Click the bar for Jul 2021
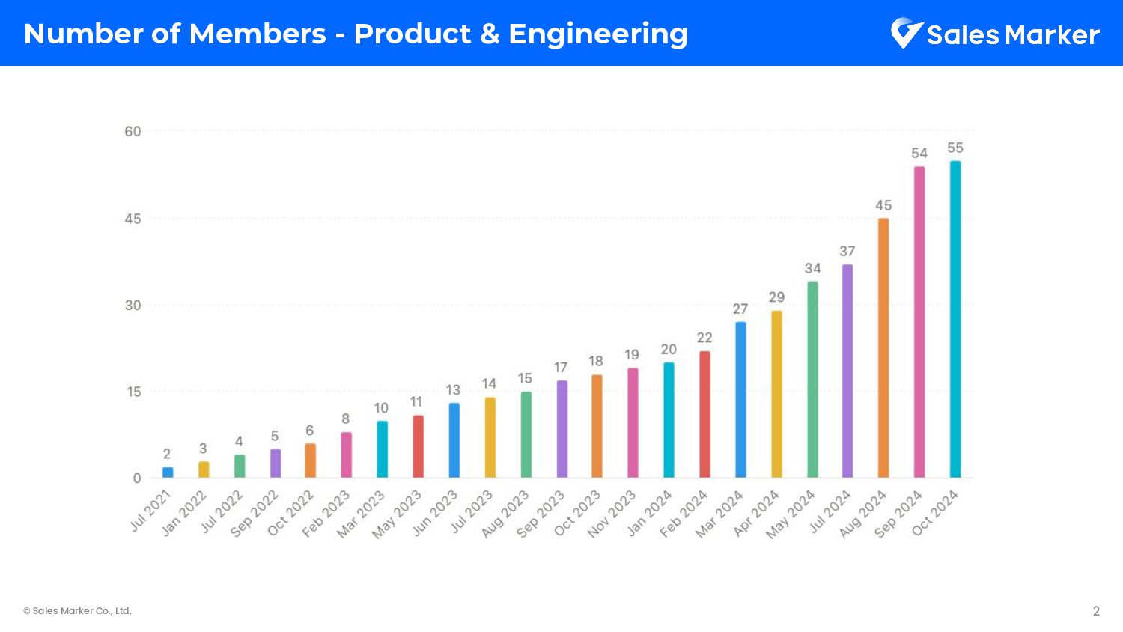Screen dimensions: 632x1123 168,473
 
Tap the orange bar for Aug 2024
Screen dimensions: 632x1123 883,348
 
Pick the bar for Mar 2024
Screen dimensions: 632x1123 740,400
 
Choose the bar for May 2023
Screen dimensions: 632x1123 419,446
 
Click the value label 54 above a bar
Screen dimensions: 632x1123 919,153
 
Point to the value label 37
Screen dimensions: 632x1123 847,251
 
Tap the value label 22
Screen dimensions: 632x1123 704,338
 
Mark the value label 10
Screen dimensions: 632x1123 381,408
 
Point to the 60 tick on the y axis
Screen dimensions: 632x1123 133,132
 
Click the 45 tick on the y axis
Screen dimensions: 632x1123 133,219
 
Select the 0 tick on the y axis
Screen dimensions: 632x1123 137,478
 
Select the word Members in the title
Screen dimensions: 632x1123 258,34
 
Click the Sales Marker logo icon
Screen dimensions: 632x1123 906,33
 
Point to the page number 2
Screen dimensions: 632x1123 1096,611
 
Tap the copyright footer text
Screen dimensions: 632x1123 78,611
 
